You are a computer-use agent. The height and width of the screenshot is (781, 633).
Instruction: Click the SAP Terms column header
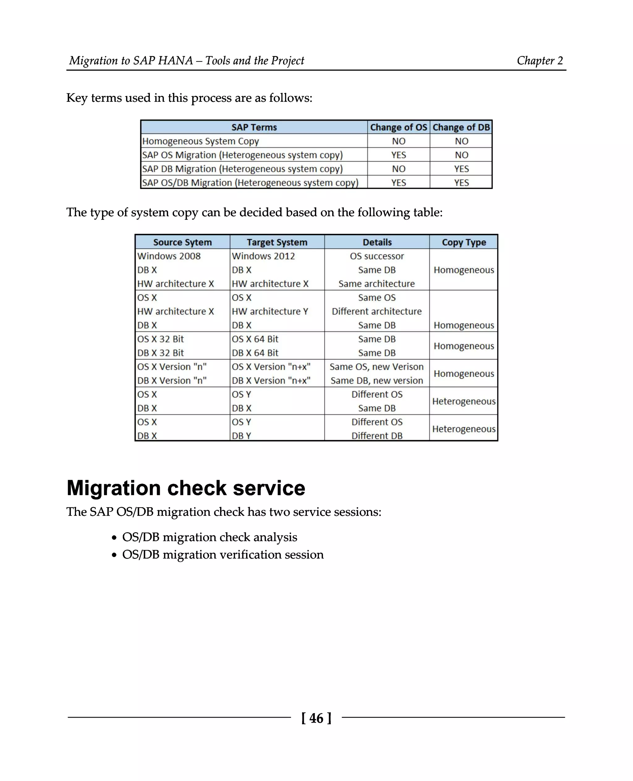click(x=254, y=127)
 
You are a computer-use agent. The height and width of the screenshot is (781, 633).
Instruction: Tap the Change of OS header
click(x=398, y=127)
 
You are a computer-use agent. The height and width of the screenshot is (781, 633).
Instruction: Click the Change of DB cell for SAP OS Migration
click(x=461, y=155)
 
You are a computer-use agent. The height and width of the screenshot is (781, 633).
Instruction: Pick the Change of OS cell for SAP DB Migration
click(x=398, y=169)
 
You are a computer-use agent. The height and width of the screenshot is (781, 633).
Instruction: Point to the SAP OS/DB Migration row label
click(x=250, y=182)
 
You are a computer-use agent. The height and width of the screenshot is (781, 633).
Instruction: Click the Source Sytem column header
click(x=182, y=242)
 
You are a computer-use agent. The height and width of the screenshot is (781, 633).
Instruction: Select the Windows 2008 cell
click(x=169, y=256)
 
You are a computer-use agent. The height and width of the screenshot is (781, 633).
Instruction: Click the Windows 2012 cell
click(x=263, y=256)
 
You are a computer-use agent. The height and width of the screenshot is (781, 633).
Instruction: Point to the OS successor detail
click(x=377, y=256)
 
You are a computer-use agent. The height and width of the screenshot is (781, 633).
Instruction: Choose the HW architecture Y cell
click(x=270, y=311)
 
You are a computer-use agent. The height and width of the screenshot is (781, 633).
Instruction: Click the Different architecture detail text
click(x=377, y=311)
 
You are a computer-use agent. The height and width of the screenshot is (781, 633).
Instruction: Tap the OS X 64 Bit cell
click(x=255, y=339)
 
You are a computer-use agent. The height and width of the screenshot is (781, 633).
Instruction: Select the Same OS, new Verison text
click(x=377, y=367)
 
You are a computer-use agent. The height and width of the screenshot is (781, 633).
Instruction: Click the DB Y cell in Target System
click(x=241, y=436)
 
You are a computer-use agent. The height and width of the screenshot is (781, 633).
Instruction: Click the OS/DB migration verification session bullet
click(x=223, y=554)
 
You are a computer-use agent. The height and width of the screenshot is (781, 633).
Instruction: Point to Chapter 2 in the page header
click(x=540, y=60)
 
